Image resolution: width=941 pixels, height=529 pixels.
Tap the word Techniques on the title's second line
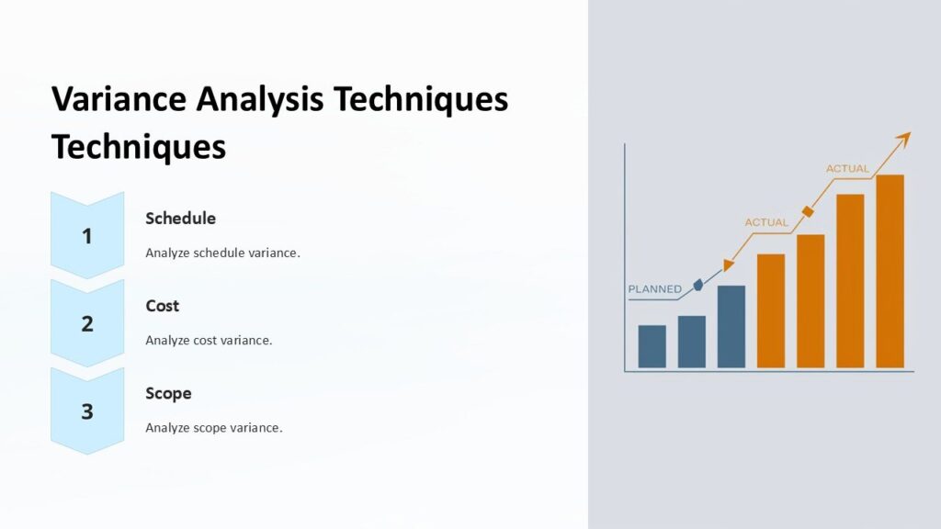138,146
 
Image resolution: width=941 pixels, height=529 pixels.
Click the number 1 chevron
87,236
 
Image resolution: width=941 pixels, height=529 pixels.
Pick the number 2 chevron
87,323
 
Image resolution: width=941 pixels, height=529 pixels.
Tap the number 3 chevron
87,411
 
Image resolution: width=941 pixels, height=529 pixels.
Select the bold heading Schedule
181,219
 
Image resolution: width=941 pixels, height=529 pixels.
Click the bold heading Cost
163,306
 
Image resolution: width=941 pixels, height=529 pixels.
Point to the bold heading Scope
169,393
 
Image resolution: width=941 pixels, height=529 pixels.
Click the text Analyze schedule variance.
222,253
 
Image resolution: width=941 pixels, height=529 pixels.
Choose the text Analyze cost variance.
209,340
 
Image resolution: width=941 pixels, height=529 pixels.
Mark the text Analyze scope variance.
213,428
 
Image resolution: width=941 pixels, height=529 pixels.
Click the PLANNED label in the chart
654,289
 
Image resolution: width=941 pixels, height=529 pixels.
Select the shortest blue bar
652,346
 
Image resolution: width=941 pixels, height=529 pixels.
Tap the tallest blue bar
731,327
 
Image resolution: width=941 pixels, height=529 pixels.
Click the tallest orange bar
890,271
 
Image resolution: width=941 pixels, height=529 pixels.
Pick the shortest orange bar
770,310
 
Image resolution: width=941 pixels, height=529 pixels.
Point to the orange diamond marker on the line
808,212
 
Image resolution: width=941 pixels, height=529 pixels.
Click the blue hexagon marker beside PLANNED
697,285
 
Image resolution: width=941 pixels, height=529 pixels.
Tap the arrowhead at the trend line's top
903,138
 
